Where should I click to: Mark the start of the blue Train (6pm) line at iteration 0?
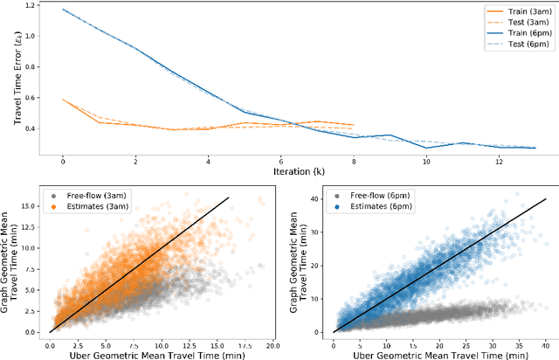coord(63,10)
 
